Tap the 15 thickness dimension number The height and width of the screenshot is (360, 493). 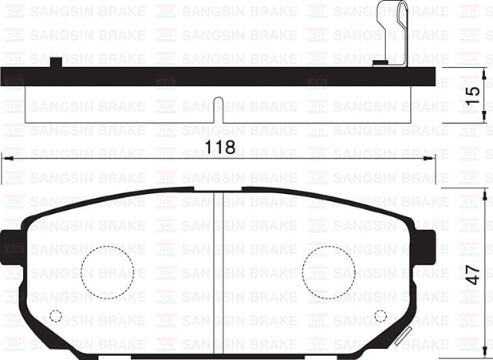click(x=473, y=93)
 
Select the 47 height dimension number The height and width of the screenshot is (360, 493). click(x=473, y=275)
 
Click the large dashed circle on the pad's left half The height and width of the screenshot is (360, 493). click(x=107, y=272)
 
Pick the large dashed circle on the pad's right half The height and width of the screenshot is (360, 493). click(x=328, y=272)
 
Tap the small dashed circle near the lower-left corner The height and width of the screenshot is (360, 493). click(x=56, y=315)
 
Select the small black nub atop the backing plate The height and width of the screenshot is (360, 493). click(x=56, y=62)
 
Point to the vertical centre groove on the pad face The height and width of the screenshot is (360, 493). click(x=218, y=271)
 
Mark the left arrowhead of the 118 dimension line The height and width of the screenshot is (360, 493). click(x=6, y=159)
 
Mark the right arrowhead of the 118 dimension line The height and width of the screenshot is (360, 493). click(x=432, y=159)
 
